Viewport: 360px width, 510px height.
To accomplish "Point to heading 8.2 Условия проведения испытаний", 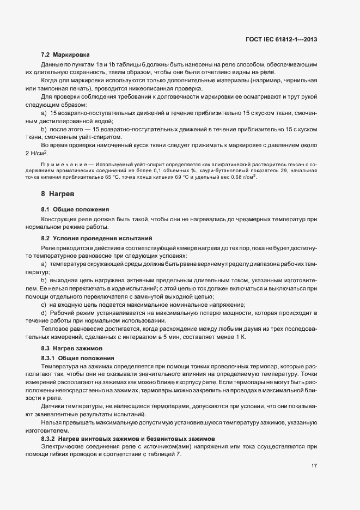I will point(93,238).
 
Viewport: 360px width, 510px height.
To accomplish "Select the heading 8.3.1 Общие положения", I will point(78,357).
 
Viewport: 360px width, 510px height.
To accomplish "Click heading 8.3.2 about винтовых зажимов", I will point(129,438).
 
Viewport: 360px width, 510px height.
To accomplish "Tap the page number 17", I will point(314,466).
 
